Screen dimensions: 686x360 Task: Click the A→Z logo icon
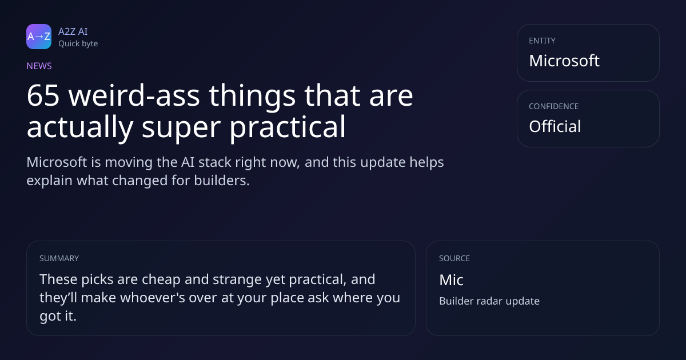pyautogui.click(x=39, y=37)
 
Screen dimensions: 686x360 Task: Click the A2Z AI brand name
pyautogui.click(x=73, y=31)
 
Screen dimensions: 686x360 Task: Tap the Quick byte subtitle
pyautogui.click(x=78, y=44)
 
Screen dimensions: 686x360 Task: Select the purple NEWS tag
pyautogui.click(x=39, y=66)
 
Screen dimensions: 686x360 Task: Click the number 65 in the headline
pyautogui.click(x=43, y=96)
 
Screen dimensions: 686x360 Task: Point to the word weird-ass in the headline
pyautogui.click(x=134, y=96)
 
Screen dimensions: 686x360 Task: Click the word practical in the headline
pyautogui.click(x=288, y=127)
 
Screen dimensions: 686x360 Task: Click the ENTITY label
pyautogui.click(x=542, y=41)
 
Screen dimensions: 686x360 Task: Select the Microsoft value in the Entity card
pyautogui.click(x=564, y=61)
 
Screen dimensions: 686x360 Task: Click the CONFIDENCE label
pyautogui.click(x=554, y=106)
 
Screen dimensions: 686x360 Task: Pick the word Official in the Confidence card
pyautogui.click(x=555, y=126)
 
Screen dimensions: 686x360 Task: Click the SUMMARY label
pyautogui.click(x=59, y=258)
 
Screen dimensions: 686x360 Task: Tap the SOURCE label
pyautogui.click(x=454, y=258)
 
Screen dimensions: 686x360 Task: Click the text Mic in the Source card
pyautogui.click(x=451, y=280)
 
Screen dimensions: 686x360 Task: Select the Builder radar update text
pyautogui.click(x=489, y=301)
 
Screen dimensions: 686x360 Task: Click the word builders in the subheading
pyautogui.click(x=222, y=181)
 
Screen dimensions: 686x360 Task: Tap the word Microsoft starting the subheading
pyautogui.click(x=57, y=162)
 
